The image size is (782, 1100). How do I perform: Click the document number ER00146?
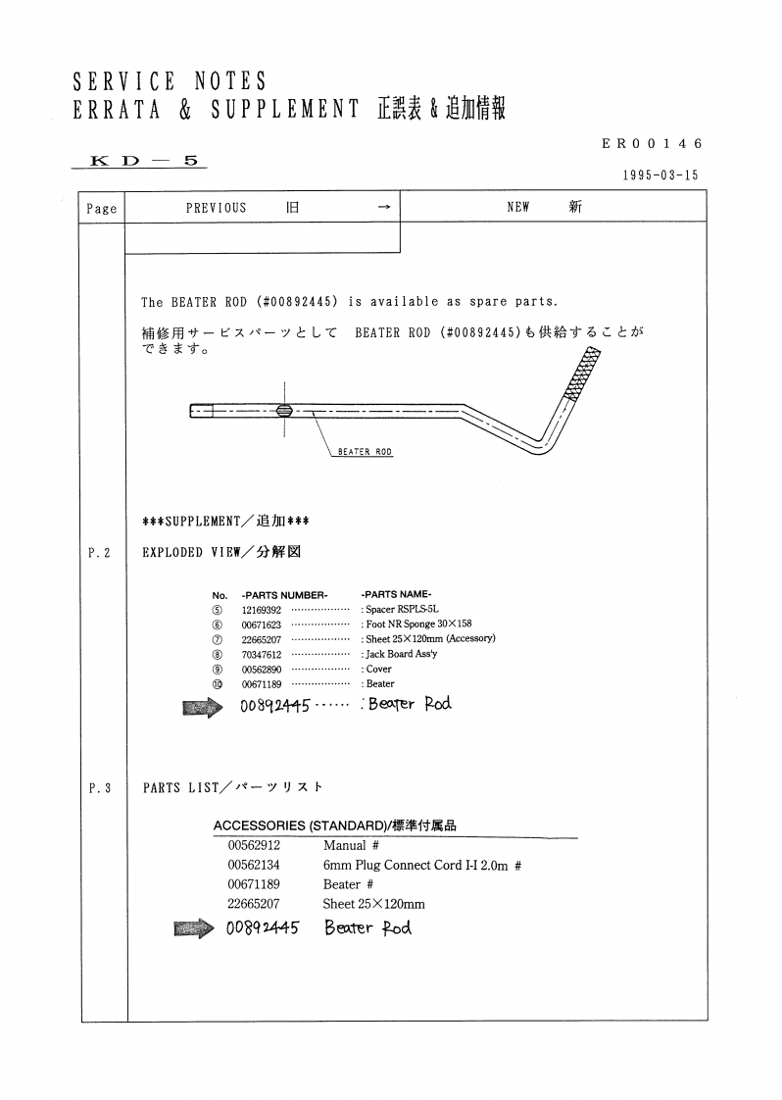click(x=653, y=143)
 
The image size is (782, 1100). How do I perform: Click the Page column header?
click(x=102, y=208)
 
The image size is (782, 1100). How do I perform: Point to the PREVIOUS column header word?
click(x=216, y=208)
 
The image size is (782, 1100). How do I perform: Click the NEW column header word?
click(x=518, y=208)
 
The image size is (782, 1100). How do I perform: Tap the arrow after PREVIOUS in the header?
click(x=383, y=208)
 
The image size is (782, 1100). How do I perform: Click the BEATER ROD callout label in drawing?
click(x=365, y=452)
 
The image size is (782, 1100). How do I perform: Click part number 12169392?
click(x=262, y=609)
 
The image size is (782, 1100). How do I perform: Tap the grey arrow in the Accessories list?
click(x=194, y=927)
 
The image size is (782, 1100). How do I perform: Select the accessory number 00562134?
click(x=254, y=865)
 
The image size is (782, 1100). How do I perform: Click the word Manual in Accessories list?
click(x=344, y=845)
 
